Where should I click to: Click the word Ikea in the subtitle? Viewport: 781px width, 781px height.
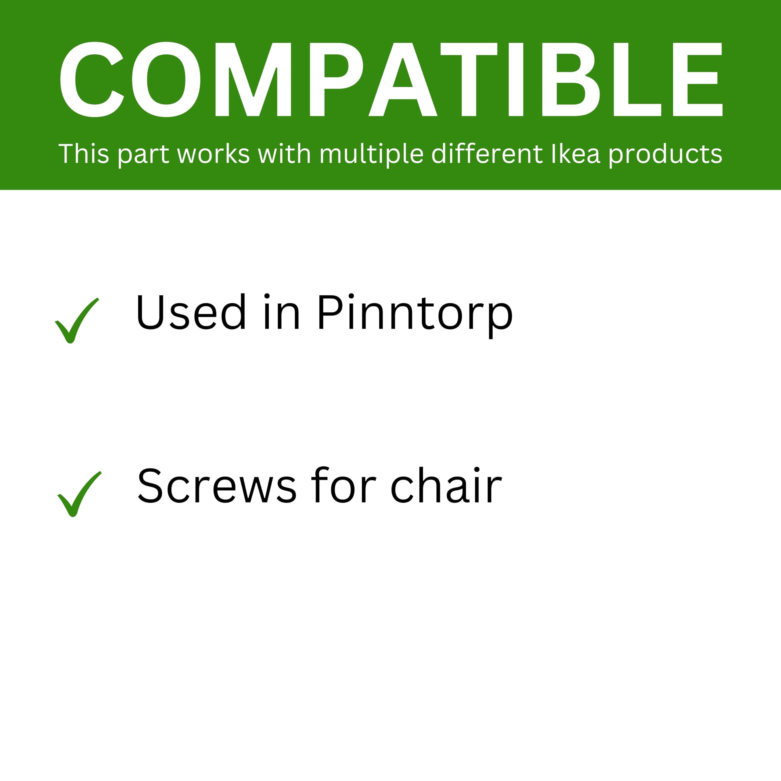tap(576, 154)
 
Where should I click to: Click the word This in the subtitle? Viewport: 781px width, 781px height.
tap(84, 154)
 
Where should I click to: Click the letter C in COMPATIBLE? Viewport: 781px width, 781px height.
tap(91, 79)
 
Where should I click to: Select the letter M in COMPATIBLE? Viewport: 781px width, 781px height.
tap(253, 79)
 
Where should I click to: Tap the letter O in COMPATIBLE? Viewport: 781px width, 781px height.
tap(167, 79)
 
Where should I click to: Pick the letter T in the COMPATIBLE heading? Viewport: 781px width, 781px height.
tap(469, 79)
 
